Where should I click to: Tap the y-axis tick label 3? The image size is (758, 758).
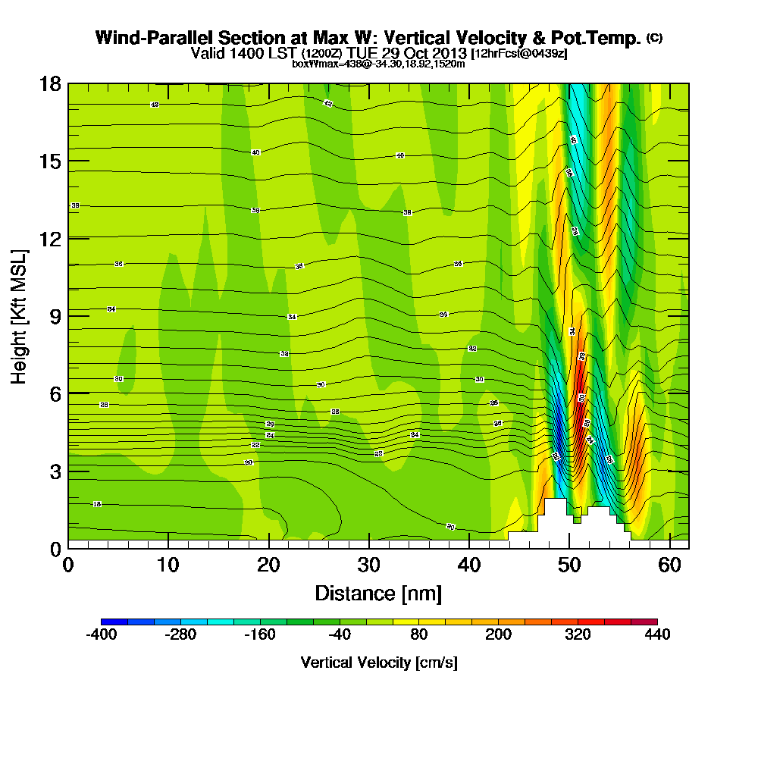(55, 471)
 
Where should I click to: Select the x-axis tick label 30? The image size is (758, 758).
(369, 565)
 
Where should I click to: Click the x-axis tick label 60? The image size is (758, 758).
(669, 565)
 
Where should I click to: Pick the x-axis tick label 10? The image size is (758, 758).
(168, 565)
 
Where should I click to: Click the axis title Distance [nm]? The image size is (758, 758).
(378, 593)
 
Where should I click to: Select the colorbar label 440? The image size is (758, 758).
(657, 635)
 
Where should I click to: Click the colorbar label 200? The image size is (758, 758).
(498, 635)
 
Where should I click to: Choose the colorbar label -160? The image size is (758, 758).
(260, 635)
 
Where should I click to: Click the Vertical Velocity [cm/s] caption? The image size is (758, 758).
(378, 662)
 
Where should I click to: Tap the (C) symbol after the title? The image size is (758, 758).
(654, 38)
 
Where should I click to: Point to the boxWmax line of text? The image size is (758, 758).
(378, 64)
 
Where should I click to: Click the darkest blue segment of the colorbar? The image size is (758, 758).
(114, 622)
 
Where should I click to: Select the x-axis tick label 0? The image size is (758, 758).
(68, 565)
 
